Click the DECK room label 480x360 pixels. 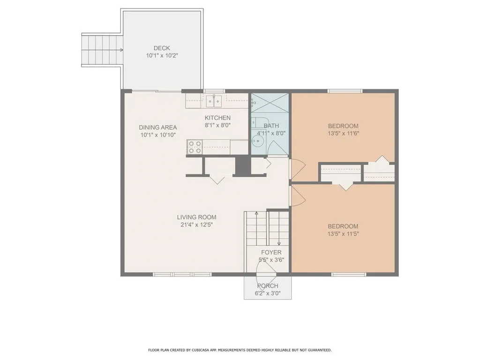(x=162, y=48)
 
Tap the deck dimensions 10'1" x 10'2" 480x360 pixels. (x=162, y=56)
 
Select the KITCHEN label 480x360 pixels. (x=217, y=118)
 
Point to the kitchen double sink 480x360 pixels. (x=214, y=101)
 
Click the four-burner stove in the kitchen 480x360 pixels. (x=195, y=147)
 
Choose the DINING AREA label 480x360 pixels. (x=158, y=127)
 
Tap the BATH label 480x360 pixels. (x=271, y=126)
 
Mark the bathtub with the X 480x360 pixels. (x=270, y=104)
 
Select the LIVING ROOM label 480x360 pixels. (x=196, y=217)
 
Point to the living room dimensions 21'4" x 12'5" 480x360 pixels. (x=196, y=225)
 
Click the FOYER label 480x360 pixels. (x=271, y=253)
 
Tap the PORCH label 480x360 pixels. (x=268, y=286)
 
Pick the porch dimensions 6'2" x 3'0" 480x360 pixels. (x=268, y=293)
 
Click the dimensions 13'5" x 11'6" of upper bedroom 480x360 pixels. (x=343, y=134)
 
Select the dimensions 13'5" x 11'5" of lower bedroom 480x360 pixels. (x=343, y=234)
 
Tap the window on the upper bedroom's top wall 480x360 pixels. (x=345, y=91)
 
